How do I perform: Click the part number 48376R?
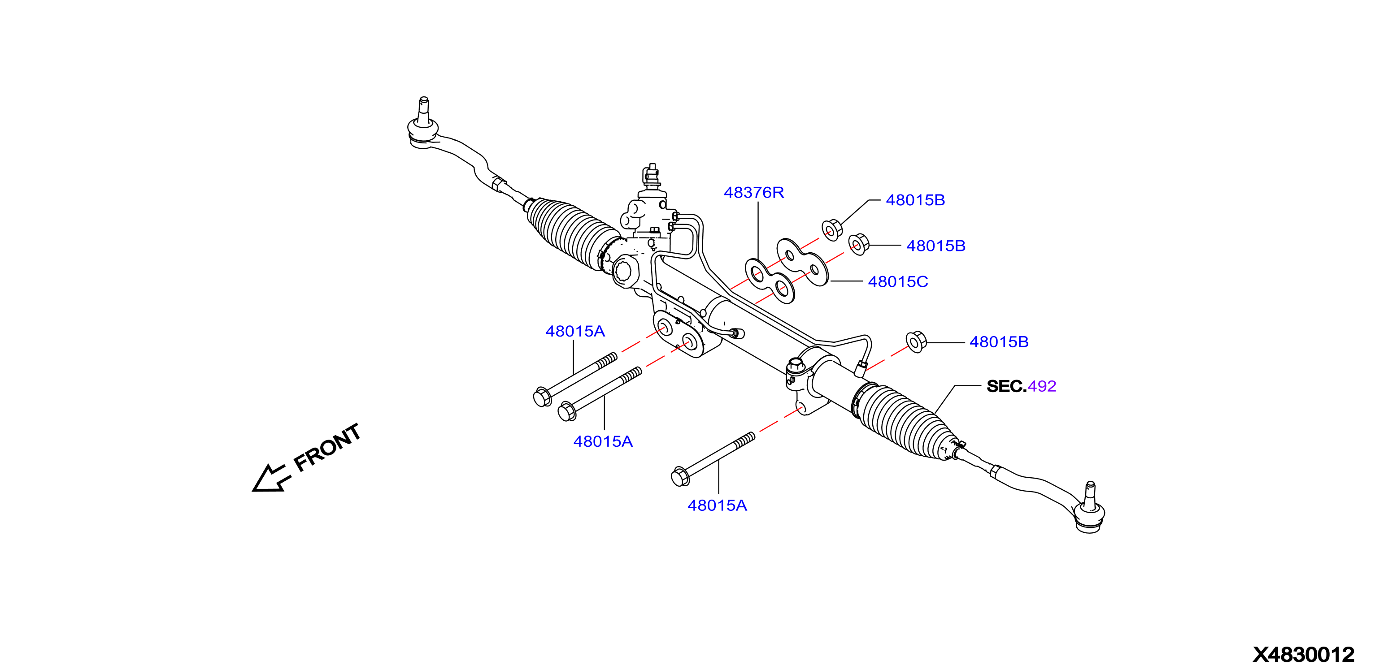[754, 193]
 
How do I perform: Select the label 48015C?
[898, 282]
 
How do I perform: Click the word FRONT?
[328, 448]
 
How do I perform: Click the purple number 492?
[1042, 386]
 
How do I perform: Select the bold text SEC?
[1006, 386]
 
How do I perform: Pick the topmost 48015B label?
[915, 200]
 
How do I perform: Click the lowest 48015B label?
[999, 342]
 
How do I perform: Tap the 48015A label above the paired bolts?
[575, 332]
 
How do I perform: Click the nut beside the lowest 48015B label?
[916, 342]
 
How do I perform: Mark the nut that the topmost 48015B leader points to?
[832, 230]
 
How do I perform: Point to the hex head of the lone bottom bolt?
[679, 477]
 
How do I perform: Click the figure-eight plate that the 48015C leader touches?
[802, 262]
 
